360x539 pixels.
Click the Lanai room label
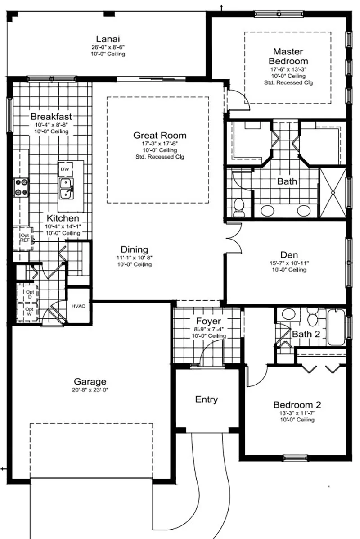pyautogui.click(x=108, y=39)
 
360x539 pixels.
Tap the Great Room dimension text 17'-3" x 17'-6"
pyautogui.click(x=160, y=144)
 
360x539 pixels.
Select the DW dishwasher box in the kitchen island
pyautogui.click(x=65, y=169)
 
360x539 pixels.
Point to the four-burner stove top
pyautogui.click(x=21, y=188)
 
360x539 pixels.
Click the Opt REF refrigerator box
pyautogui.click(x=24, y=238)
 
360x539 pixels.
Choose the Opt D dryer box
pyautogui.click(x=28, y=294)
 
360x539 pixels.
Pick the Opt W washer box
pyautogui.click(x=28, y=312)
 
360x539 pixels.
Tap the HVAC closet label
pyautogui.click(x=78, y=306)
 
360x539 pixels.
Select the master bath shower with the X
pyautogui.click(x=333, y=193)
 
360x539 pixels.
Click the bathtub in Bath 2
pyautogui.click(x=336, y=327)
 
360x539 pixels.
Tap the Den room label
pyautogui.click(x=289, y=255)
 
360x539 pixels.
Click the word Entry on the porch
pyautogui.click(x=207, y=399)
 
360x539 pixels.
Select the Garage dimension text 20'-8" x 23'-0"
pyautogui.click(x=90, y=390)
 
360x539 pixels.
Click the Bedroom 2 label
pyautogui.click(x=297, y=405)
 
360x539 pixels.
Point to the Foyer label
pyautogui.click(x=208, y=321)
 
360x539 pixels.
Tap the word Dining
pyautogui.click(x=134, y=249)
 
